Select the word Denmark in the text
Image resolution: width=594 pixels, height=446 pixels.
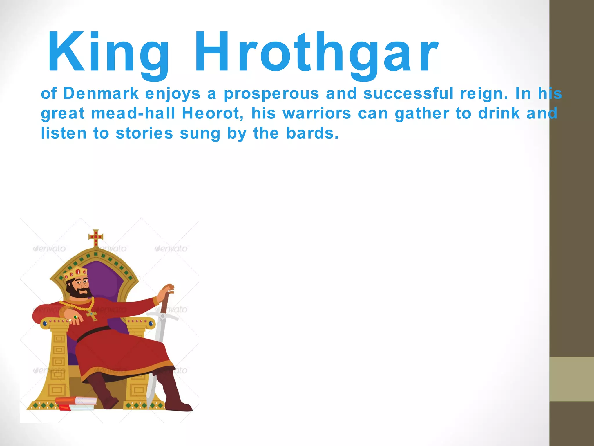pyautogui.click(x=101, y=93)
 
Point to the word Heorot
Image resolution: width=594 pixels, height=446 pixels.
pyautogui.click(x=213, y=113)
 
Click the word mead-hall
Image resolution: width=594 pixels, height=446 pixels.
pyautogui.click(x=133, y=113)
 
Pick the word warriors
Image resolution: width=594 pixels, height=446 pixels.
pyautogui.click(x=317, y=113)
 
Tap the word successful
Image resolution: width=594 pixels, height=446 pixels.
pyautogui.click(x=408, y=93)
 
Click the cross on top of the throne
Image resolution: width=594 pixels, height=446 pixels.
pyautogui.click(x=96, y=237)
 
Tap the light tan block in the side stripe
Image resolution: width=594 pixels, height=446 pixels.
pyautogui.click(x=571, y=379)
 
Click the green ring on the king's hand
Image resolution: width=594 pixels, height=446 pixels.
pyautogui.click(x=76, y=317)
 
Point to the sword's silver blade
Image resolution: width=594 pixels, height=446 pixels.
pyautogui.click(x=158, y=348)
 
